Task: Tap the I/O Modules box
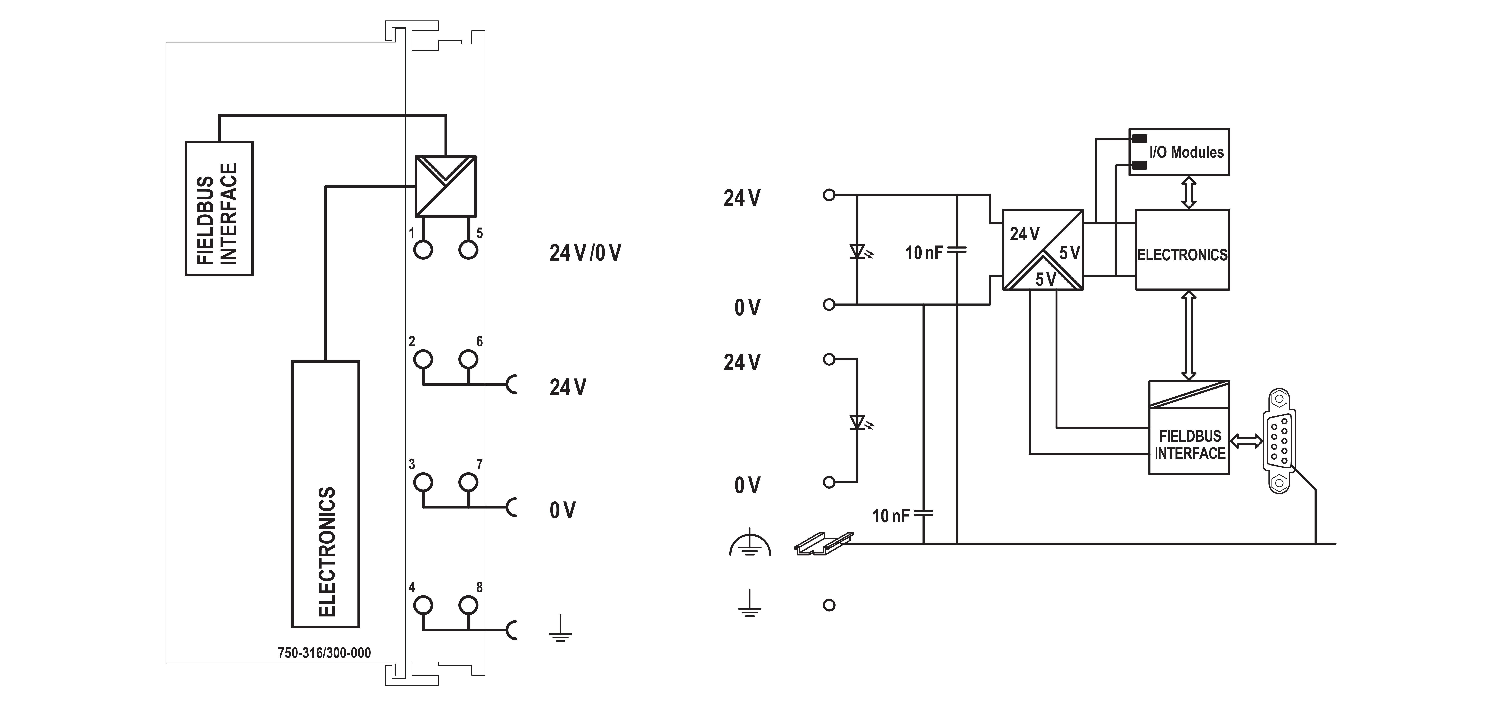pos(1179,152)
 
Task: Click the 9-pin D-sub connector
pos(1280,441)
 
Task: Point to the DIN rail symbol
pos(823,544)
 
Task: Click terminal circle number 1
pos(423,250)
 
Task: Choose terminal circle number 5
pos(468,250)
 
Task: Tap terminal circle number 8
pos(468,605)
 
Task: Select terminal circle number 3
pos(423,482)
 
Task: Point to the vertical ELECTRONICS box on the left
pos(326,494)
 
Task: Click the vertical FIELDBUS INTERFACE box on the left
pos(219,208)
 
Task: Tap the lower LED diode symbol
pos(858,422)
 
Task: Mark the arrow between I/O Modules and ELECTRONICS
pos(1189,193)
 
